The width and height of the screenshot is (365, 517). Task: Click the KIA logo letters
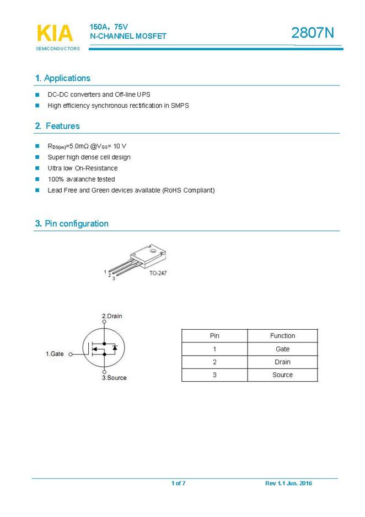pyautogui.click(x=55, y=33)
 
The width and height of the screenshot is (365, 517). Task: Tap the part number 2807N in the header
pyautogui.click(x=313, y=33)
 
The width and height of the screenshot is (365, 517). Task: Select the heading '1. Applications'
pyautogui.click(x=62, y=78)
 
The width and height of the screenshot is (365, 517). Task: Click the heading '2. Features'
pyautogui.click(x=57, y=126)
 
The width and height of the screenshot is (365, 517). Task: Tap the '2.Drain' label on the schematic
pyautogui.click(x=112, y=316)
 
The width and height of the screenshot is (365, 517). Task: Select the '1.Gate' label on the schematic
pyautogui.click(x=55, y=354)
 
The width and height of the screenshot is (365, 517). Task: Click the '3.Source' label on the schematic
pyautogui.click(x=114, y=378)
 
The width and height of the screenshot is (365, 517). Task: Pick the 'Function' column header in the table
pyautogui.click(x=282, y=336)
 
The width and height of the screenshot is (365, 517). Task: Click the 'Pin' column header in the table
pyautogui.click(x=214, y=336)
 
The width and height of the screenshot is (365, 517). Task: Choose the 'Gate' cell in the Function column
pyautogui.click(x=282, y=349)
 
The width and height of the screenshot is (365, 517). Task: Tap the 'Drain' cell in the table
pyautogui.click(x=282, y=362)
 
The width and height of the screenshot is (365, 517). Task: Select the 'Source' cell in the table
pyautogui.click(x=282, y=375)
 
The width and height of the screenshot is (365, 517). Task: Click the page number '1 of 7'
pyautogui.click(x=178, y=484)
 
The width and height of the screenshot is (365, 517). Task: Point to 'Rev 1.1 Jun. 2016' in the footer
pyautogui.click(x=288, y=484)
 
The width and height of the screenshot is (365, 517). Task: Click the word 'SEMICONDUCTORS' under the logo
pyautogui.click(x=58, y=49)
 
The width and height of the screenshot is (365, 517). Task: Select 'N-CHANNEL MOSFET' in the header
pyautogui.click(x=128, y=36)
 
